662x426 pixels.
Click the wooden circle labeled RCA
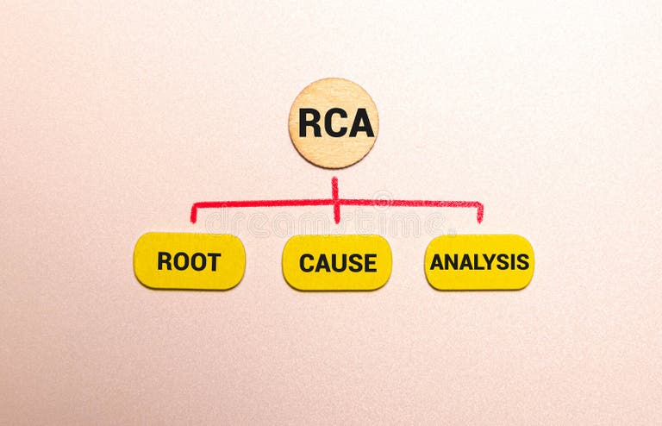(333, 122)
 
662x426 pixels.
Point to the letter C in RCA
(334, 123)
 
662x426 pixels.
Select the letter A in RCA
(361, 123)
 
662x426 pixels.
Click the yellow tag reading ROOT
(190, 260)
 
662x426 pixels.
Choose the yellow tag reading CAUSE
(337, 262)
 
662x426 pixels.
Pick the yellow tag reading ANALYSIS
(479, 261)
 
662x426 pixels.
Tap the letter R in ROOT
(164, 261)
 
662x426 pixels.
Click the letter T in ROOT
(214, 261)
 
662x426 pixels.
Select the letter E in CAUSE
(370, 263)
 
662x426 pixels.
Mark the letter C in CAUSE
(306, 263)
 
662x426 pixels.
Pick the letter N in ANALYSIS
(450, 262)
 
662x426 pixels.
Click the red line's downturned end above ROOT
(193, 216)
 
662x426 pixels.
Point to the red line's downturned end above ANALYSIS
(480, 216)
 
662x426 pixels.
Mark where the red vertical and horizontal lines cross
(336, 204)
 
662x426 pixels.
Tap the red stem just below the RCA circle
(334, 183)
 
